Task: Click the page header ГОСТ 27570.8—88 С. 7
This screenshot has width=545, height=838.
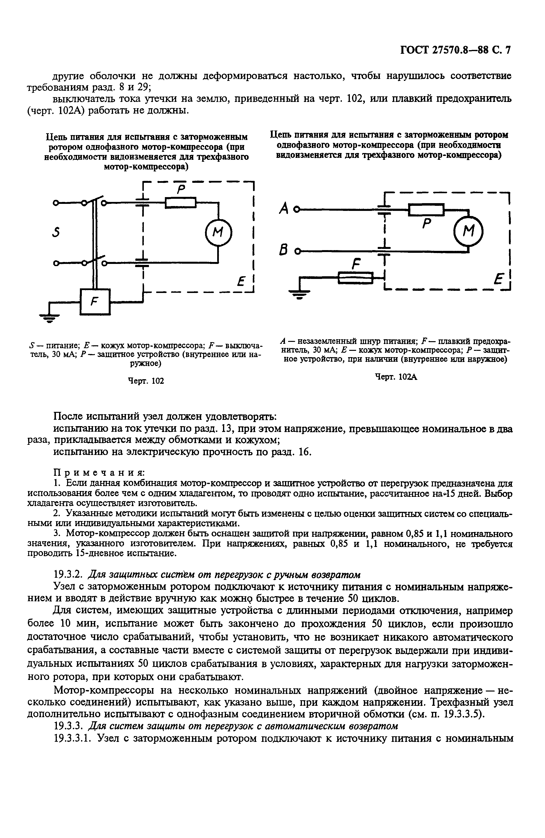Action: pos(455,50)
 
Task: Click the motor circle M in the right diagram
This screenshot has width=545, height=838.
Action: pos(468,231)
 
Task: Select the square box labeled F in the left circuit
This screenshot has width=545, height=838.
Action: pos(95,301)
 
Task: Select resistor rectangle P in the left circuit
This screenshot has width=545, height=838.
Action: pos(180,202)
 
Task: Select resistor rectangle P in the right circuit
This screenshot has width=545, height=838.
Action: pos(426,209)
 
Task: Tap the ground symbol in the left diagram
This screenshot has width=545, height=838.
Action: pos(49,318)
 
